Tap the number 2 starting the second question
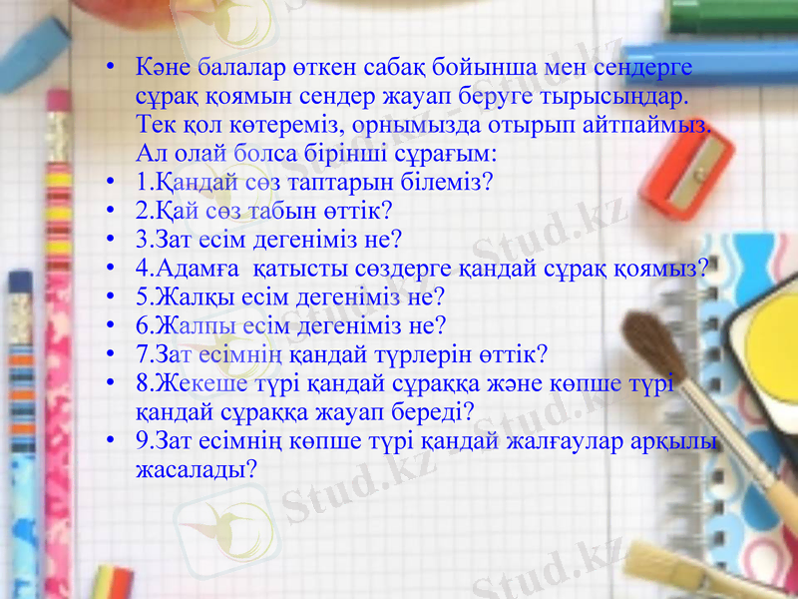point(142,212)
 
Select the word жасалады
point(194,468)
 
